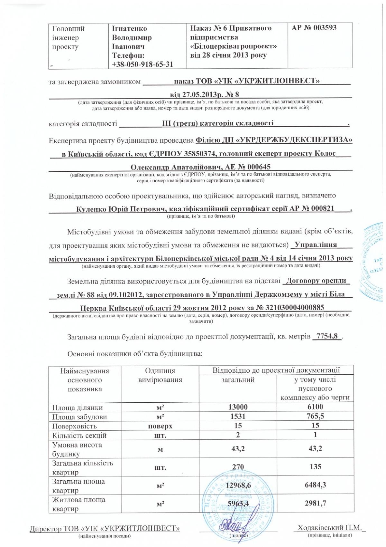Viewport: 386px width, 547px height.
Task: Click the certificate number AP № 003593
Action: pos(314,28)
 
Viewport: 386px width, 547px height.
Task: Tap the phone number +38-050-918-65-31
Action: pos(142,64)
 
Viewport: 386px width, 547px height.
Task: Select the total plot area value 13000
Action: pos(238,407)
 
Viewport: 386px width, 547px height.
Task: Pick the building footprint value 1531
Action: pos(238,416)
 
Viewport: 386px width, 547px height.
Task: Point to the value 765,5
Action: pos(315,416)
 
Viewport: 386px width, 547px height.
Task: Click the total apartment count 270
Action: pos(238,467)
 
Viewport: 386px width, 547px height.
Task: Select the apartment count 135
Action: pos(315,466)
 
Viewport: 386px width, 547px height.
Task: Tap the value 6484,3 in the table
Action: pos(315,485)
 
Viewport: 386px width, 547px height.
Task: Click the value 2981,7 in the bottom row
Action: pos(315,503)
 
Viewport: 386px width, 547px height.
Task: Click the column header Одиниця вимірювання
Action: pos(160,375)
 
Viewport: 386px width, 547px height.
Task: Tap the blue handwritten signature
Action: pos(230,528)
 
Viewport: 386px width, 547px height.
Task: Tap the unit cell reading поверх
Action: pos(160,426)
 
